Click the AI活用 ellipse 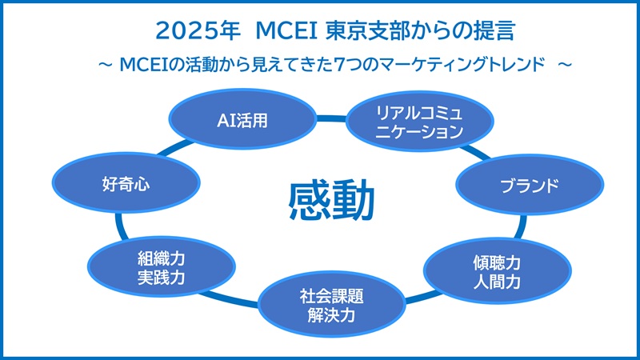coord(242,118)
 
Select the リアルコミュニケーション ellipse coord(419,122)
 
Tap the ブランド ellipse coord(530,185)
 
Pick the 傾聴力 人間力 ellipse coord(497,270)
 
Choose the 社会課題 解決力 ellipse coord(331,304)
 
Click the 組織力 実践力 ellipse coord(162,266)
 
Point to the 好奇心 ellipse coord(126,182)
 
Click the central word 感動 coord(331,201)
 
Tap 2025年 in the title coord(198,31)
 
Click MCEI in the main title coord(286,31)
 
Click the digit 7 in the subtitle coord(338,65)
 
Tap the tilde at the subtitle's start coord(106,65)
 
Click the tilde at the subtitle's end coord(565,65)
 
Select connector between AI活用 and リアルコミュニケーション coord(331,118)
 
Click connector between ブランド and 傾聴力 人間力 coord(521,227)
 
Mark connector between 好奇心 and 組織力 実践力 coord(119,226)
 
